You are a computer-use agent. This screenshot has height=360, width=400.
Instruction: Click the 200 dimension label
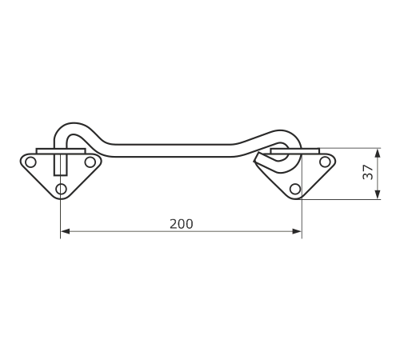(181, 224)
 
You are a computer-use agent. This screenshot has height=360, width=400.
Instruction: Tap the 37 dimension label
(368, 172)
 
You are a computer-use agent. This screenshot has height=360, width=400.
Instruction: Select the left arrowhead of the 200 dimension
(65, 231)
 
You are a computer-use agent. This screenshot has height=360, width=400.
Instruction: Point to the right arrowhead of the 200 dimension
(297, 231)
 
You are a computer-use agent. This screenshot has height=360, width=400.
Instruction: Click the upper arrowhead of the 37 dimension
(378, 154)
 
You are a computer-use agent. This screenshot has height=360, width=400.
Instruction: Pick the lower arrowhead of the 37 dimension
(378, 194)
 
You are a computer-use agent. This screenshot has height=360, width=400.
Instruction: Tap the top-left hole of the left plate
(30, 162)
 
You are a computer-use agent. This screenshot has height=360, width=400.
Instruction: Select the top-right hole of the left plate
(90, 162)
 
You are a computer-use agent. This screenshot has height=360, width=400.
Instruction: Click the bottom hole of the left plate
(61, 189)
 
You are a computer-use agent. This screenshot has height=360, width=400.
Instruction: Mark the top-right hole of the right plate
(325, 162)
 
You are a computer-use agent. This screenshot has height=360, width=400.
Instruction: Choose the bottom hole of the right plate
(295, 189)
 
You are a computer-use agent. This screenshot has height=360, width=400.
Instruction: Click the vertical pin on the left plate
(61, 165)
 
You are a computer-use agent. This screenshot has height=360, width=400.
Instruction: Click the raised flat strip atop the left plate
(61, 151)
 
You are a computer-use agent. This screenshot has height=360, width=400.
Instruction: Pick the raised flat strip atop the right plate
(295, 151)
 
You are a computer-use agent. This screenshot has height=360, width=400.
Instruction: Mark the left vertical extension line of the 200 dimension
(61, 218)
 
